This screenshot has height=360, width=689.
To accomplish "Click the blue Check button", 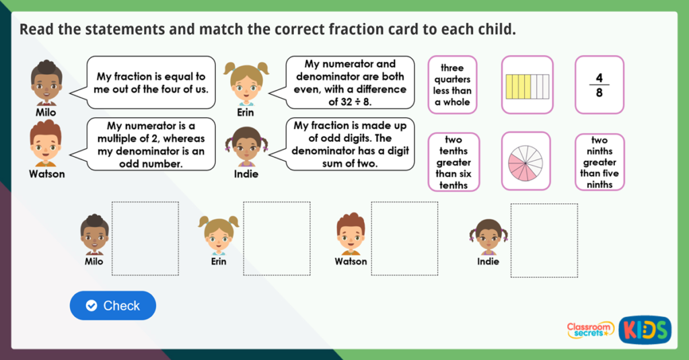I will pos(112,305).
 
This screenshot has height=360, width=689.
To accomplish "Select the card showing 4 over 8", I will pos(599,85).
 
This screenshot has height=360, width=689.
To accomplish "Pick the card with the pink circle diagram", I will pos(526,161).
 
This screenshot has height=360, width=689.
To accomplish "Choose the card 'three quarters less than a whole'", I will pos(453,85).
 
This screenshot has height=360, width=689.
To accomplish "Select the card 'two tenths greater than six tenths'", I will pos(454,161).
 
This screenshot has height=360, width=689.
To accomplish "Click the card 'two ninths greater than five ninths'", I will pos(599,161).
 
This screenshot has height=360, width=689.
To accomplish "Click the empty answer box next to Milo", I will pos(145,239).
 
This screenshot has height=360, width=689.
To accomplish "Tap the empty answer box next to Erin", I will pos(277,239).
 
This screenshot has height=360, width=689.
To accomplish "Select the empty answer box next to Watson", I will pos(404,239).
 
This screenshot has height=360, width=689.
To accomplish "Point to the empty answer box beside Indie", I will pos(544,240).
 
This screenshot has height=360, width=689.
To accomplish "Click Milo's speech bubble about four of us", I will pos(151,83).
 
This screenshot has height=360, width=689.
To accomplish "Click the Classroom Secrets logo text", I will pos(589,329).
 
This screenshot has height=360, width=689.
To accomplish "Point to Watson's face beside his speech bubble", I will pos(45,144).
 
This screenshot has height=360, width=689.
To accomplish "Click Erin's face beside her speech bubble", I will pos(246,83).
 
